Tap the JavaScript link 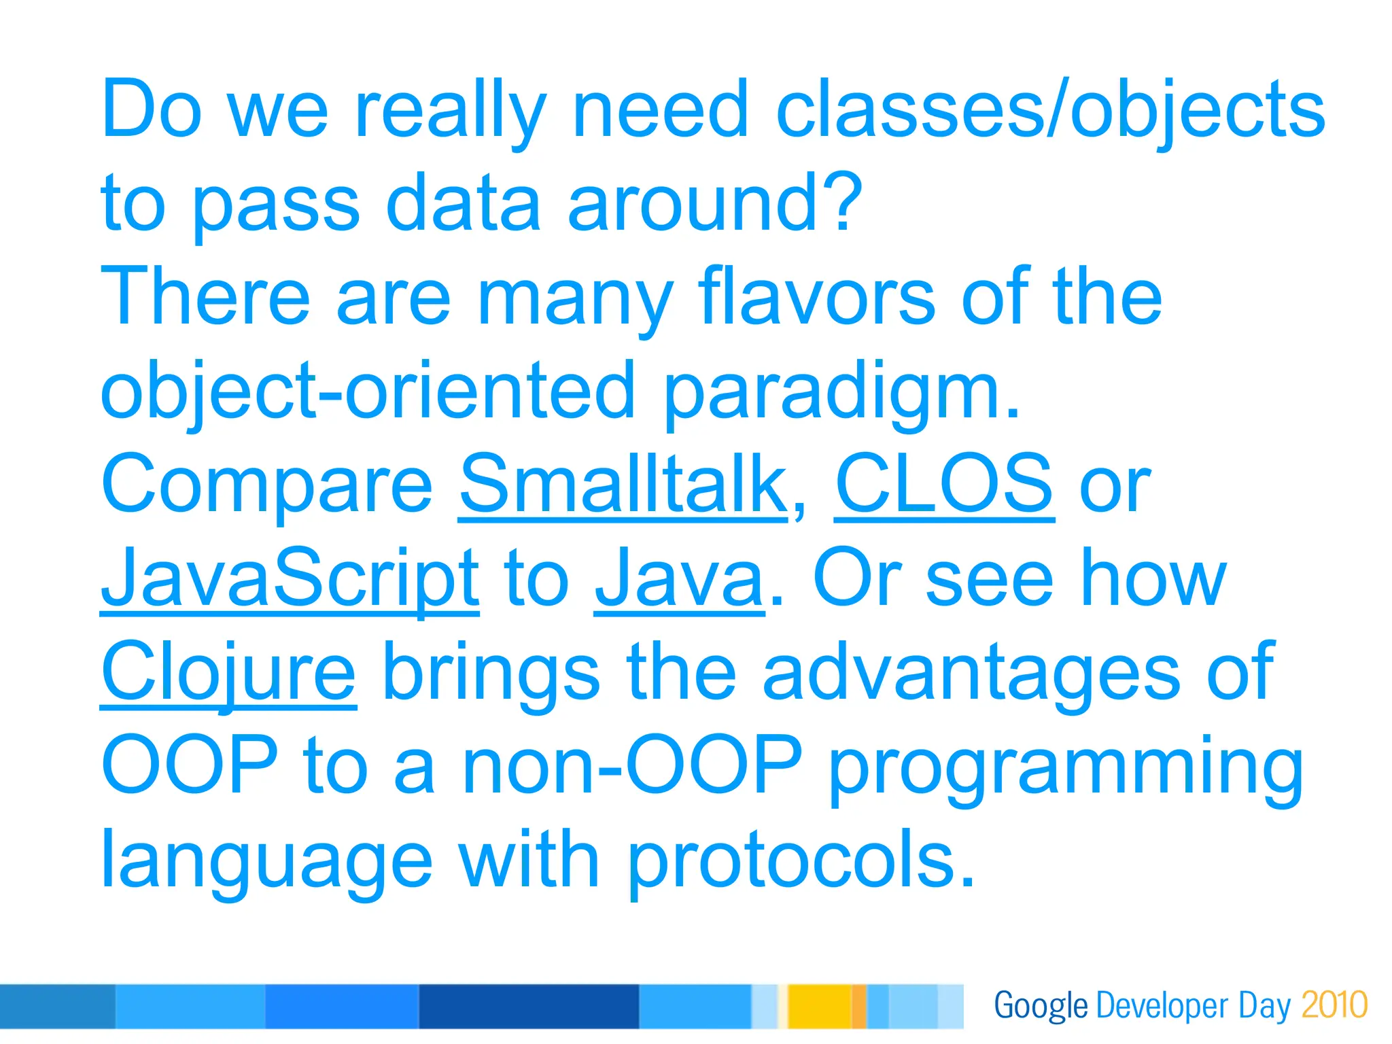point(290,578)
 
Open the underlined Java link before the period point(679,578)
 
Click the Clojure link point(228,672)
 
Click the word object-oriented point(367,391)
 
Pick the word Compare point(266,485)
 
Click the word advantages point(971,672)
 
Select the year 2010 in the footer point(1334,1005)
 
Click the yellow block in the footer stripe point(818,1006)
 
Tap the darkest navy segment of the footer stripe point(528,1006)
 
